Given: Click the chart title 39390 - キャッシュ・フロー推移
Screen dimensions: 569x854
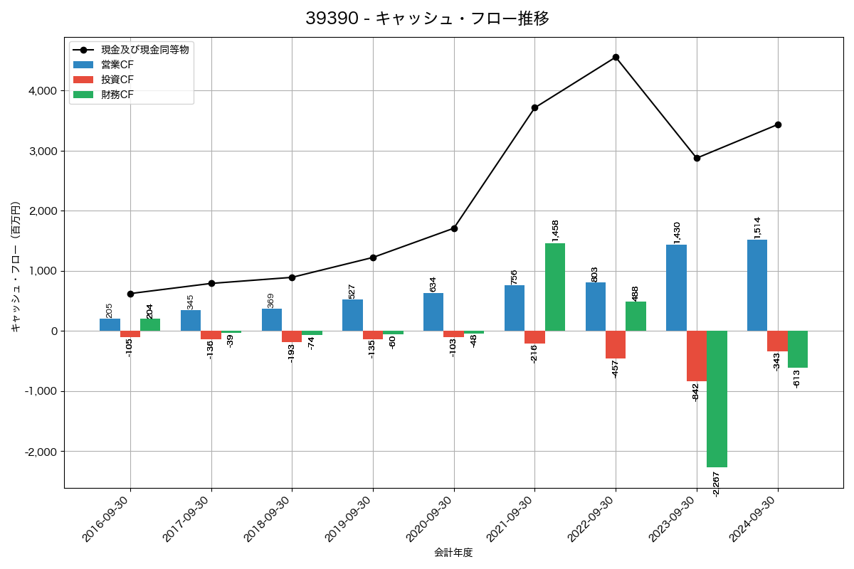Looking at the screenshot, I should (427, 18).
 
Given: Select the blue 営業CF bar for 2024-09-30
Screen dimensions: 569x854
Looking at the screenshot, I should (757, 285).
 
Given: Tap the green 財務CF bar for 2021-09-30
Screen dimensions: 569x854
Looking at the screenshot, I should (555, 287).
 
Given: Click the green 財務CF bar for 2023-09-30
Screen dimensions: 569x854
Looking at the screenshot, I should (717, 399).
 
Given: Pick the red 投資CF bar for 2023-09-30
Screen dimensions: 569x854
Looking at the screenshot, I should (697, 356).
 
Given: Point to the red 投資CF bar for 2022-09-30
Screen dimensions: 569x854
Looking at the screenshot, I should (616, 345).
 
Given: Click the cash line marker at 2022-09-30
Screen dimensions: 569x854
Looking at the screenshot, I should (616, 58).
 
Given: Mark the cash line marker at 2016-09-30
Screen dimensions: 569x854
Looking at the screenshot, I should (130, 294).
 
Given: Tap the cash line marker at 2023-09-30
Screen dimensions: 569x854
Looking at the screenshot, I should (697, 158).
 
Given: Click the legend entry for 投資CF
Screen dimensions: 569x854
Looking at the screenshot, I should (117, 80).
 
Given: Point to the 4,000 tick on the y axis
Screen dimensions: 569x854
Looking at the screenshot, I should (43, 91).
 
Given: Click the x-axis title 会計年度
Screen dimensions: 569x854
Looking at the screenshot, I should (453, 553).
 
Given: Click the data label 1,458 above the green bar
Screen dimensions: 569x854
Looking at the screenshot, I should (556, 230).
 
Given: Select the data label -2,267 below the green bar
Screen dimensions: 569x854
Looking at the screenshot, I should (717, 484).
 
